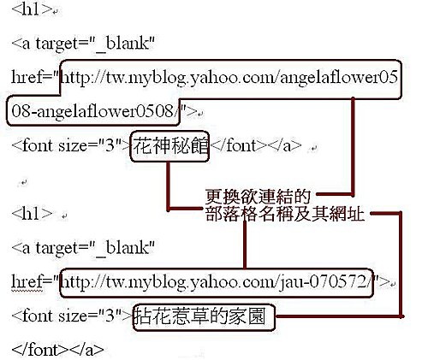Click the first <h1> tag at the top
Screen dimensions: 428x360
click(x=32, y=10)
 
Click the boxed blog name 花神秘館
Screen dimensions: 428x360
click(x=170, y=146)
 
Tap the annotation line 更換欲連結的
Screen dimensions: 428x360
click(x=258, y=196)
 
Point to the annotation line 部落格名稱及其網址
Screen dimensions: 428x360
click(x=285, y=214)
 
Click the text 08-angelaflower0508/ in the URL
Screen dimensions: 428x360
click(x=92, y=111)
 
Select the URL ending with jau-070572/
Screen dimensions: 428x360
click(x=216, y=282)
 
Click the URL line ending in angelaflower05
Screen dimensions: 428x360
click(x=229, y=78)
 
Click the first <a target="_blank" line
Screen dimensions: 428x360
click(x=83, y=44)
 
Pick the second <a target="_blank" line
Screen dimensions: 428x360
click(x=83, y=248)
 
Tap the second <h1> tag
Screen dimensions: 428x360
click(x=32, y=214)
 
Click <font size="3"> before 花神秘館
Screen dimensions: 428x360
click(x=71, y=146)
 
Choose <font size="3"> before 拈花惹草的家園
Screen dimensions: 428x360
click(x=73, y=316)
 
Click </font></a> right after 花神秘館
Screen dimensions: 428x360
click(x=255, y=145)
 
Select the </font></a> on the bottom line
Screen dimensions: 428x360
click(x=58, y=350)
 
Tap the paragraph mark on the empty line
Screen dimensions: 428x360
click(x=23, y=182)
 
